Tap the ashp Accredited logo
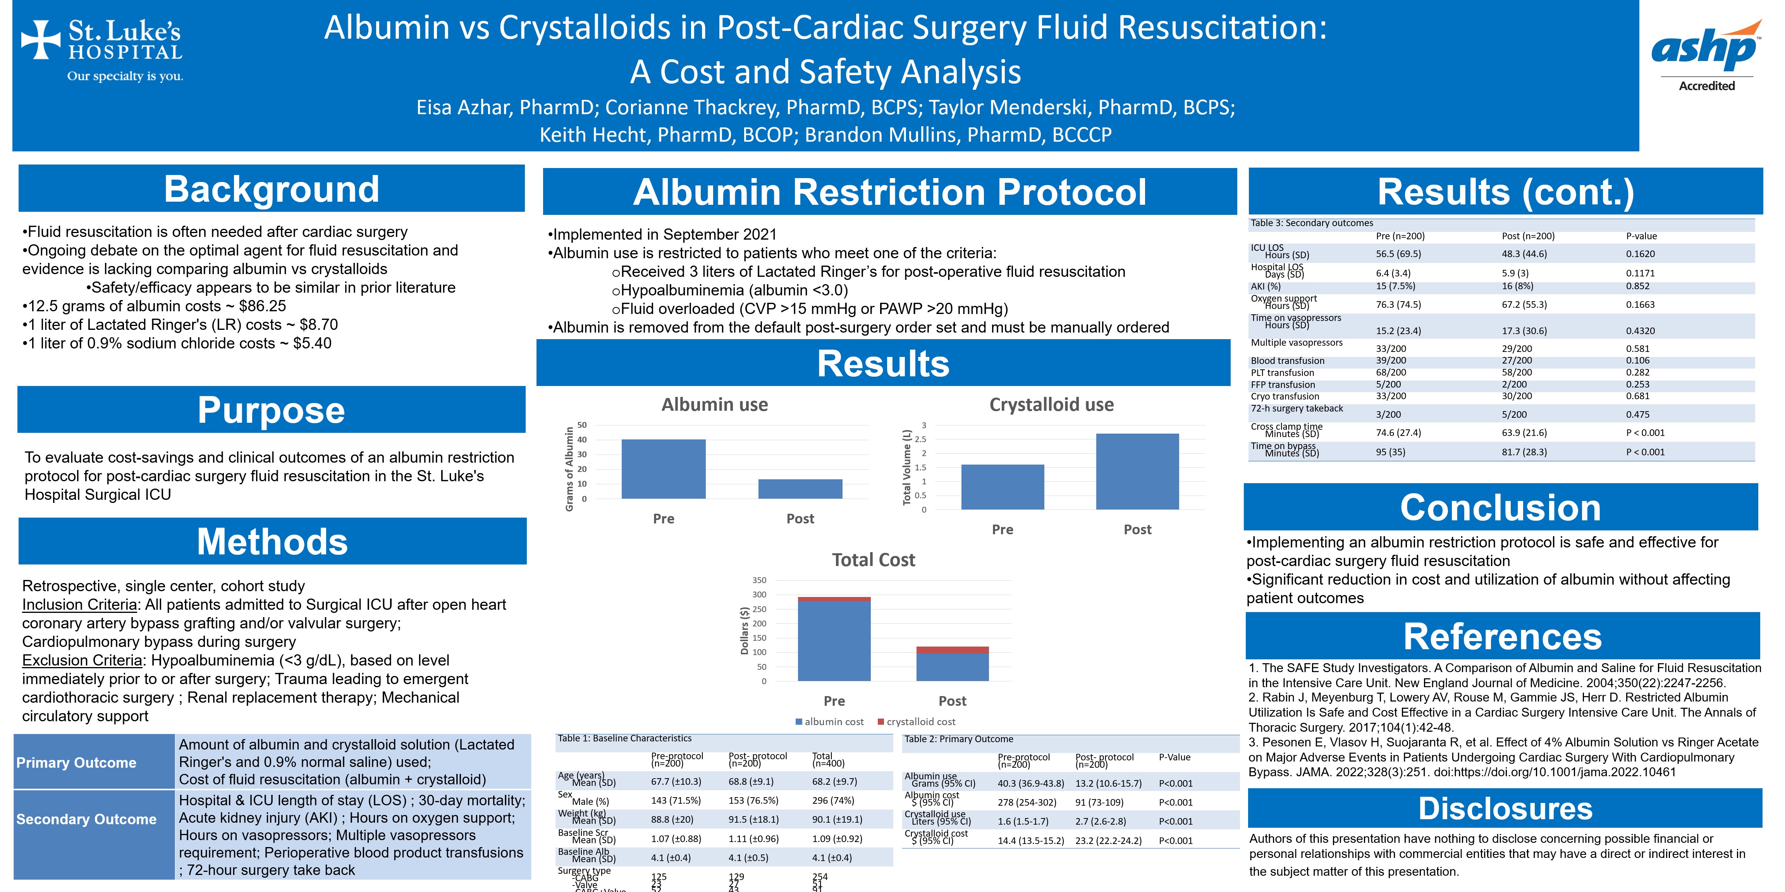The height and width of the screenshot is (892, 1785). pos(1706,55)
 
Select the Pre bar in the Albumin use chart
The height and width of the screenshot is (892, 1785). pos(663,469)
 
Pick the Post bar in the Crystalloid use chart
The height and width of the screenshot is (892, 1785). pos(1137,472)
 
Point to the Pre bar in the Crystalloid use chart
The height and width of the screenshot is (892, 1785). pos(1002,487)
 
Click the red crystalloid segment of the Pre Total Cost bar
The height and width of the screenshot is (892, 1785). pos(834,599)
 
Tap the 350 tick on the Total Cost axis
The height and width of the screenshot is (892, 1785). pos(760,580)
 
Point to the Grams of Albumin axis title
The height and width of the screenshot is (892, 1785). pos(569,469)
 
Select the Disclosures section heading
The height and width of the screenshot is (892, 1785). pos(1505,808)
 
